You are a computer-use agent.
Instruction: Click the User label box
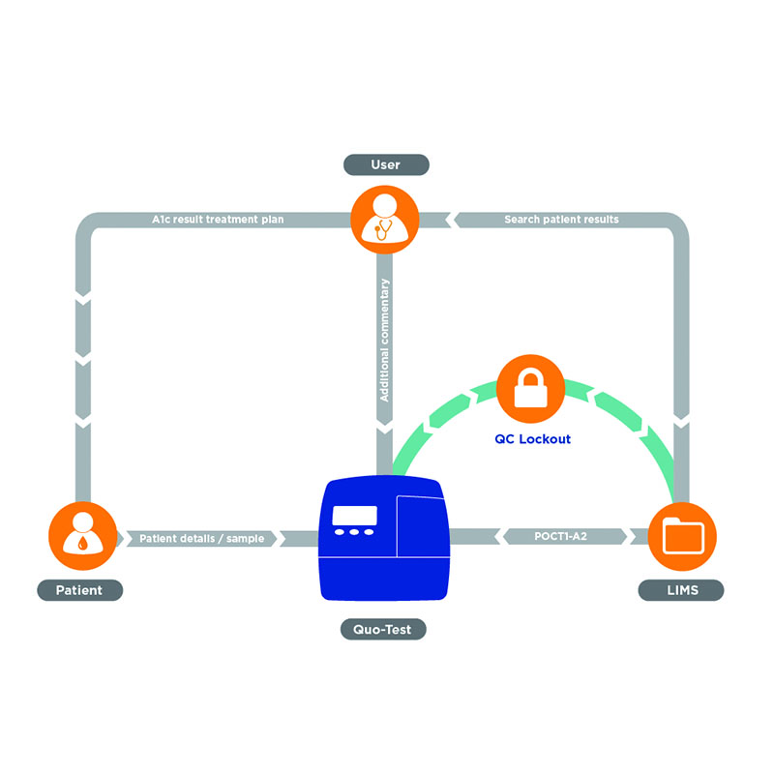click(x=385, y=165)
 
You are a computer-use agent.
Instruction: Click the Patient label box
click(x=81, y=589)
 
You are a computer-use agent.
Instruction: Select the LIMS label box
click(x=682, y=589)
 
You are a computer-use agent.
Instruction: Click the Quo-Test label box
click(x=383, y=630)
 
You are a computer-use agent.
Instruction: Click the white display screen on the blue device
click(x=354, y=515)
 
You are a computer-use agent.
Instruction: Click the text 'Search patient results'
click(x=561, y=220)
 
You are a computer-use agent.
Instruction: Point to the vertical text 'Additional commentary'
click(x=385, y=340)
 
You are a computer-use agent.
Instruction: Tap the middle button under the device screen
click(x=354, y=532)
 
